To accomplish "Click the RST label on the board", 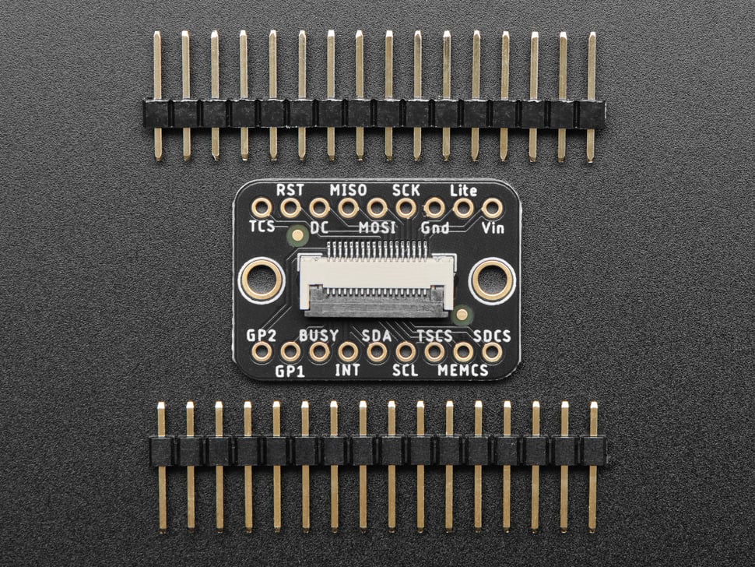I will click(290, 189).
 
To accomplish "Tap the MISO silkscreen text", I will click(348, 189).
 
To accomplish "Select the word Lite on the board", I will click(464, 189).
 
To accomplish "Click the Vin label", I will click(493, 227).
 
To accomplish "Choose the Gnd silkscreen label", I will click(434, 227).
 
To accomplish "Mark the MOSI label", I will click(377, 227).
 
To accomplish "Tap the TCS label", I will click(262, 227).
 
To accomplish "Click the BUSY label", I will click(319, 335).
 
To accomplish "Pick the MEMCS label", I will click(463, 371).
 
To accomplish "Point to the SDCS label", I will click(492, 335).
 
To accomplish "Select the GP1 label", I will click(290, 371).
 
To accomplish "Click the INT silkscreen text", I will click(347, 371).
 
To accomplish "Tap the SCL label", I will click(406, 371).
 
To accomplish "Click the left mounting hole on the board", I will click(261, 280).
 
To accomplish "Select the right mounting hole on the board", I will click(493, 280).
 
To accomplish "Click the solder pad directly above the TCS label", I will click(262, 208).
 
